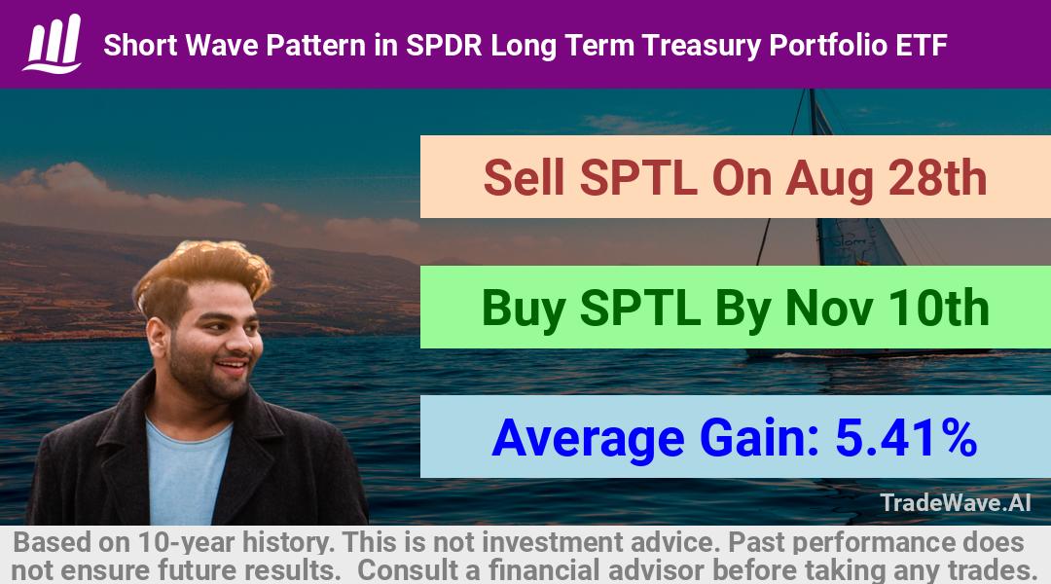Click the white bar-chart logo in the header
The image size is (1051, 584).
53,44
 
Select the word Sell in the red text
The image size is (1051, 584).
524,178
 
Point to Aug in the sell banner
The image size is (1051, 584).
830,180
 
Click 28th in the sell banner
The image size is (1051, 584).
937,178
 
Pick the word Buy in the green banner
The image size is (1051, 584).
523,310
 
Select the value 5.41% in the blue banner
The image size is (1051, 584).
906,438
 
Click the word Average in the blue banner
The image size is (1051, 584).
589,439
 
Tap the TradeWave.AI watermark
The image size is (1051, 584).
956,502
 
